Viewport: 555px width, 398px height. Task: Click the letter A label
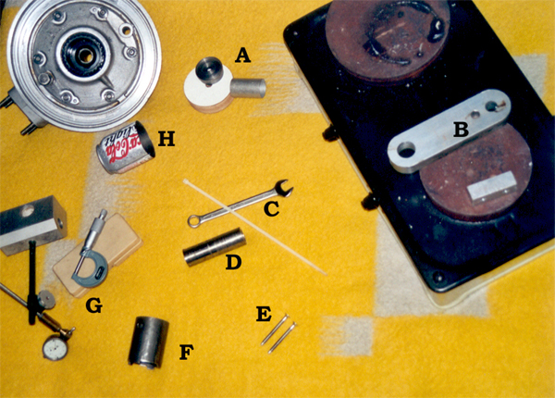(242, 56)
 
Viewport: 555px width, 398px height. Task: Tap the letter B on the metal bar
(461, 130)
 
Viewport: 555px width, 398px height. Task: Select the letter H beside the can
(166, 139)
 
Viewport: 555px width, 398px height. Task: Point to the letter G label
(93, 305)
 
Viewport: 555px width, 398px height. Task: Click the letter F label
(187, 353)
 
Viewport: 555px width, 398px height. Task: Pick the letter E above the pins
(264, 314)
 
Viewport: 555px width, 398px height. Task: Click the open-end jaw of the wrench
(284, 188)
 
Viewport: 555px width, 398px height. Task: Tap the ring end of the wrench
(194, 221)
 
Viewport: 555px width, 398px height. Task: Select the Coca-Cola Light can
(126, 148)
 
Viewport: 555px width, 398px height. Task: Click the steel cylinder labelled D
(215, 247)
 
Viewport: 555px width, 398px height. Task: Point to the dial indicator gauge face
(55, 349)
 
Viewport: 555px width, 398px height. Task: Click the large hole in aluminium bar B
(407, 150)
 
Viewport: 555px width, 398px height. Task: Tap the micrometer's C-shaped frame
(90, 270)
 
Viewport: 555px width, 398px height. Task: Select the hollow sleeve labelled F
(148, 342)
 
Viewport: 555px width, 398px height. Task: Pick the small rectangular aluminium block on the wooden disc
(492, 187)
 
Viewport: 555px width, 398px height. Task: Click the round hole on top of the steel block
(28, 212)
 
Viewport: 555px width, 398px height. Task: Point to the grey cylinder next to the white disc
(248, 88)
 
